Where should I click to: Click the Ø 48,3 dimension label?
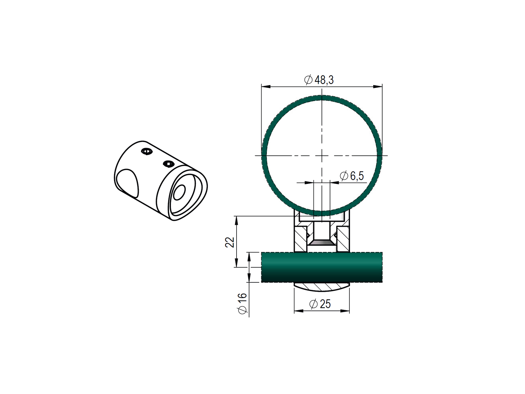319,80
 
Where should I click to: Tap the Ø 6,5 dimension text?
352,176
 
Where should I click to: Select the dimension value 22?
230,242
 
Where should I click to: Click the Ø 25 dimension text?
320,304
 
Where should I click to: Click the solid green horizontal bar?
322,267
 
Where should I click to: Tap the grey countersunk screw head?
322,243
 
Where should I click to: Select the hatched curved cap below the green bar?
322,286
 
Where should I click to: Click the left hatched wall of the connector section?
301,239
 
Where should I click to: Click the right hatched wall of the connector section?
343,239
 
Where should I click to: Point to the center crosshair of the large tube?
322,155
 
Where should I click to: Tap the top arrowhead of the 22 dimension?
237,219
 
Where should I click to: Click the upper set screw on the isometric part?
147,152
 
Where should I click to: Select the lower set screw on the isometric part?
168,163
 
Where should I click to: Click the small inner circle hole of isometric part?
179,193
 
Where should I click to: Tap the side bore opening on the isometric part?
127,183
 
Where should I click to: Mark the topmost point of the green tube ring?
322,98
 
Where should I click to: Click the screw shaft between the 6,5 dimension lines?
322,200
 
